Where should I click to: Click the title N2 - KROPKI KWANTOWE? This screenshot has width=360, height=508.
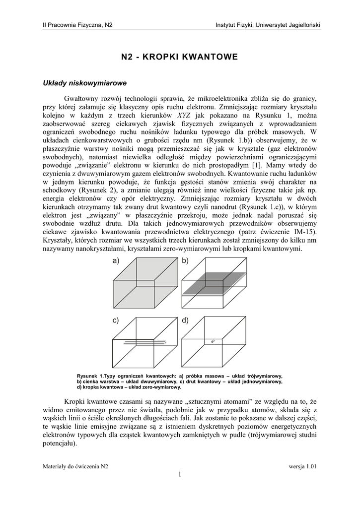[x=180, y=58]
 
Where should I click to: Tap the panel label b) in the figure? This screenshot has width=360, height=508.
[x=185, y=261]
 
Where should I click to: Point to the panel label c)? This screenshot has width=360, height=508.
[x=116, y=321]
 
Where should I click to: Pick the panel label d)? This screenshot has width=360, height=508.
[x=185, y=321]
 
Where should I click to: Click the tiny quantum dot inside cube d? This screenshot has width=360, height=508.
[x=213, y=341]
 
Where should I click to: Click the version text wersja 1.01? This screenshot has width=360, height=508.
[x=303, y=467]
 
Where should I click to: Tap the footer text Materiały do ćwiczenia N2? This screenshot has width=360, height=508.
[x=75, y=467]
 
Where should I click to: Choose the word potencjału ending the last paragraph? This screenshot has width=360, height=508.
[x=59, y=444]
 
